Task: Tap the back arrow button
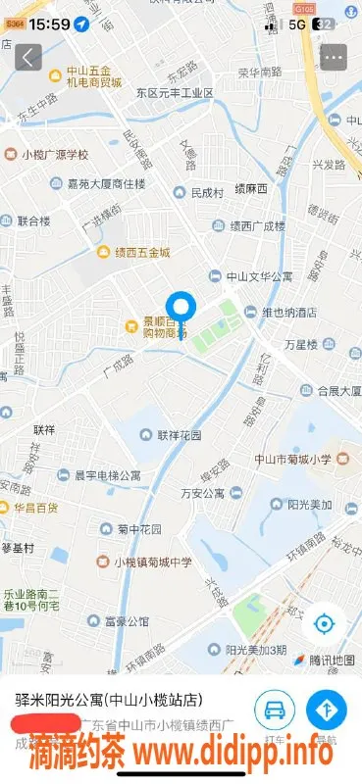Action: [28, 58]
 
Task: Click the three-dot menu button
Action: [334, 58]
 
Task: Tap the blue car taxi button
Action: [276, 709]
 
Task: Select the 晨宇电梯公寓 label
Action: [99, 475]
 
